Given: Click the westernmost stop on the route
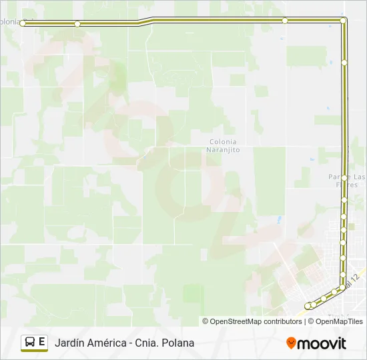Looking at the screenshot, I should (23, 23).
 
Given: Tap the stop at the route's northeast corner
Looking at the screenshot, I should (343, 21).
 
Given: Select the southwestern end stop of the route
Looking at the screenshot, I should (308, 306).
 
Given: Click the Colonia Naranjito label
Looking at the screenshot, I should (224, 146).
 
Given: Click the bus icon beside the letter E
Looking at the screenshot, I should (30, 343).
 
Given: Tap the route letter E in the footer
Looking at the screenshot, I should (42, 342).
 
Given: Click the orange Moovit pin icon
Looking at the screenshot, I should (291, 343).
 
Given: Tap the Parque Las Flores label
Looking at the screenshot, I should (347, 181).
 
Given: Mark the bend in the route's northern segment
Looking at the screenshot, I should (147, 21).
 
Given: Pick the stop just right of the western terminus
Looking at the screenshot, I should (77, 24).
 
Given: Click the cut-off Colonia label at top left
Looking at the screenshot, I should (10, 21).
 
